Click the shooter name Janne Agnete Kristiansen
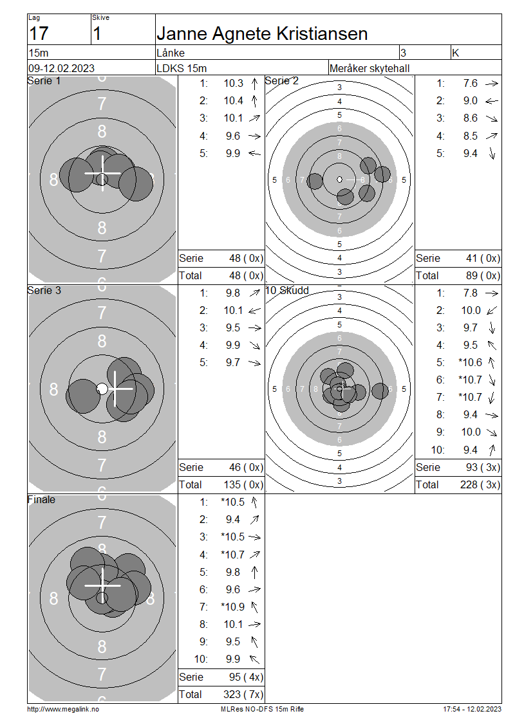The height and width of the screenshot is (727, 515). click(262, 34)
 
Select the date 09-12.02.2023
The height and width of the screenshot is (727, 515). click(61, 68)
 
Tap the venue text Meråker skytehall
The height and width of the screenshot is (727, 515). click(369, 68)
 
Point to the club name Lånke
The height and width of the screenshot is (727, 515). click(171, 53)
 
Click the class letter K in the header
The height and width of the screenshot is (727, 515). click(456, 53)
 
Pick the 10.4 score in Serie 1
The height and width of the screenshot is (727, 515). click(233, 100)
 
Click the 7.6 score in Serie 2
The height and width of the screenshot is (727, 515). click(470, 83)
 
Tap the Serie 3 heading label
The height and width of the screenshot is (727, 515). click(44, 290)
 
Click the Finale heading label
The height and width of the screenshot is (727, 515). click(42, 499)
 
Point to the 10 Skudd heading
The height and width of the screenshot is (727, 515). click(287, 290)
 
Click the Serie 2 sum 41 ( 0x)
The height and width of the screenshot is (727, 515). click(483, 258)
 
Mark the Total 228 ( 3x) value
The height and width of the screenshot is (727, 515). click(483, 484)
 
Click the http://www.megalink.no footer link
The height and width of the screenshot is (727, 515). click(63, 709)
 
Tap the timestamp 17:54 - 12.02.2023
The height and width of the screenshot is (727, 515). click(472, 709)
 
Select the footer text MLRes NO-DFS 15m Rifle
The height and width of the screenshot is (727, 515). click(262, 709)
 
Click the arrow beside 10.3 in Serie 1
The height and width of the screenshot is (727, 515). click(254, 83)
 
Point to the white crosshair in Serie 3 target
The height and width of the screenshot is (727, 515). click(115, 389)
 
